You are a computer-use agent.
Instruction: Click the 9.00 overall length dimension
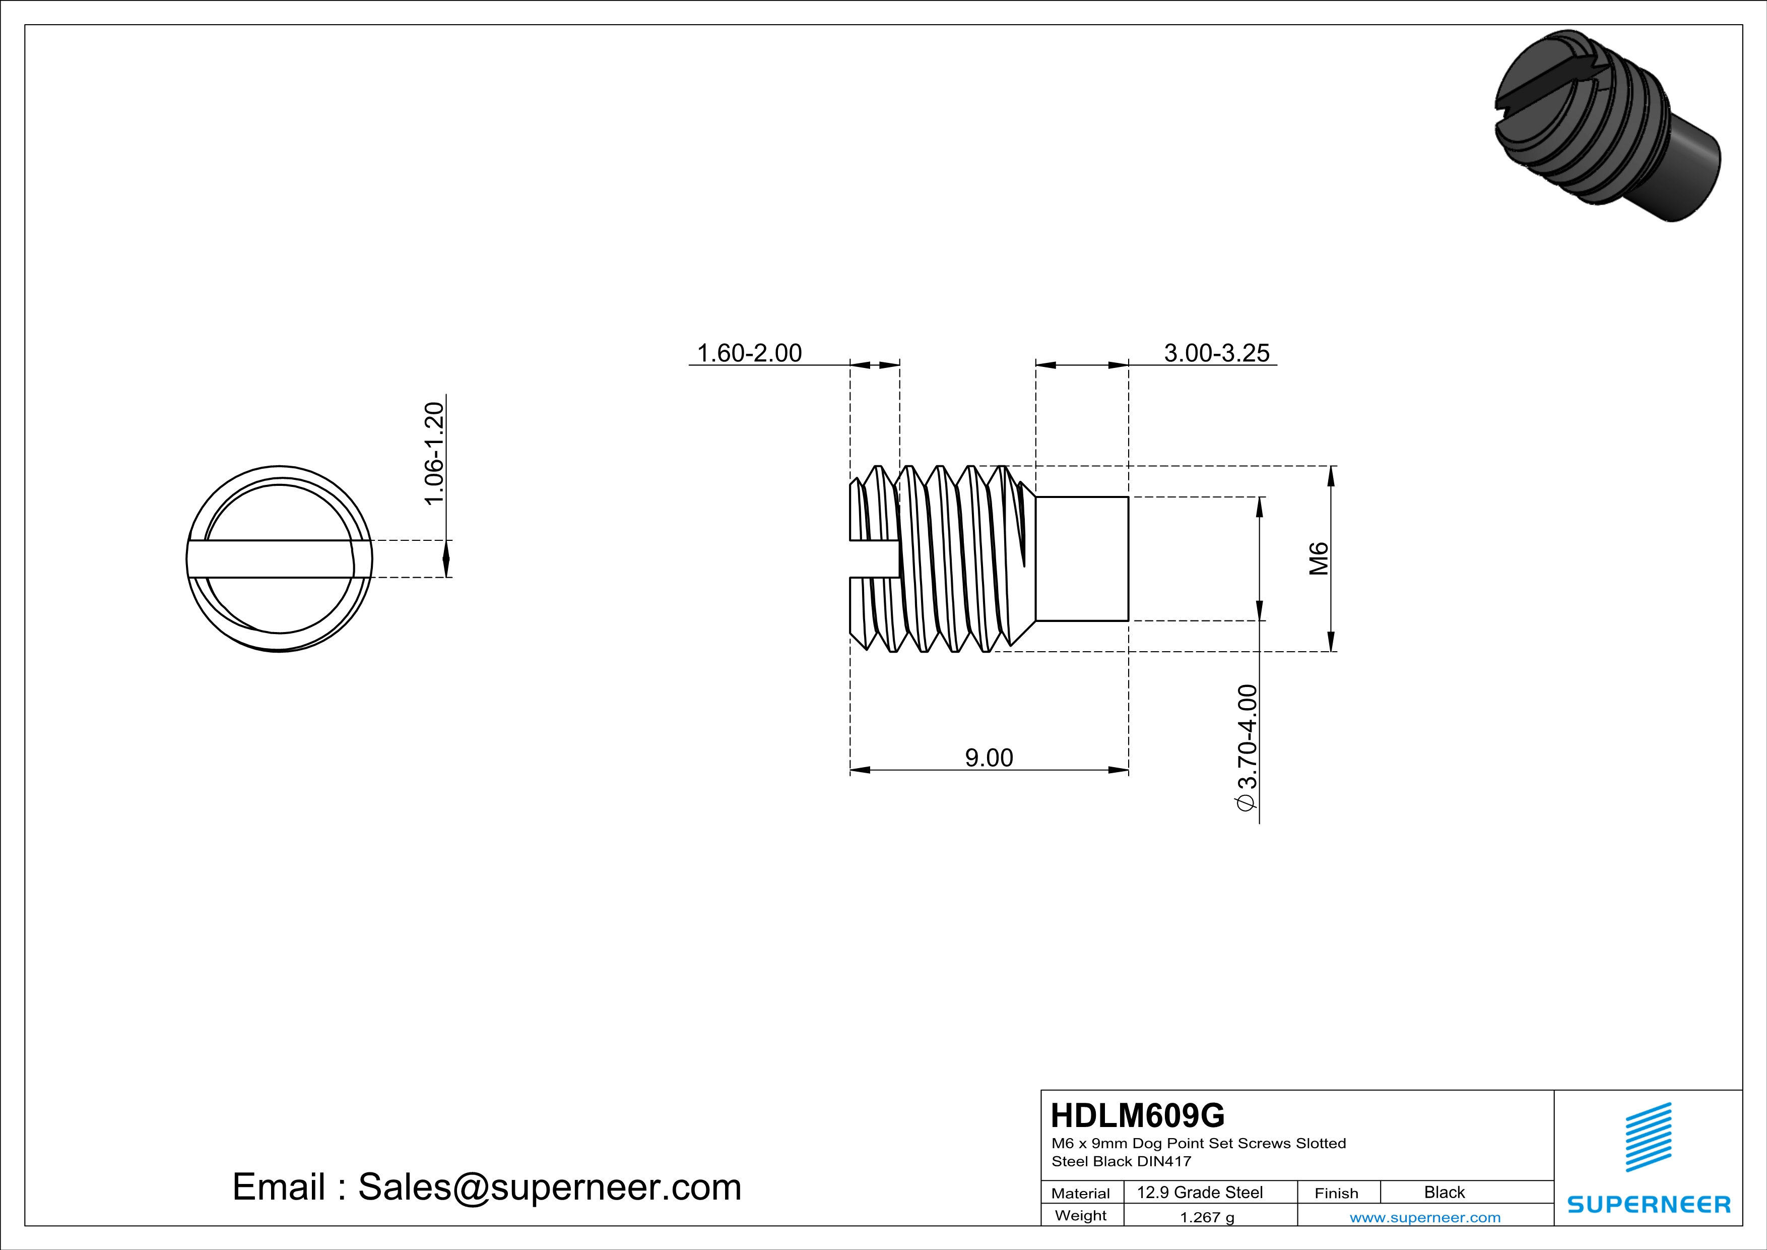[989, 758]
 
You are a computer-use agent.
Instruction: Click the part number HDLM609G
[1138, 1115]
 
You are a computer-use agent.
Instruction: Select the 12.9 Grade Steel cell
[1200, 1192]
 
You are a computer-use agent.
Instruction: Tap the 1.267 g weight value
[1207, 1217]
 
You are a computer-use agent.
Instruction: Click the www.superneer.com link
[1424, 1217]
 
